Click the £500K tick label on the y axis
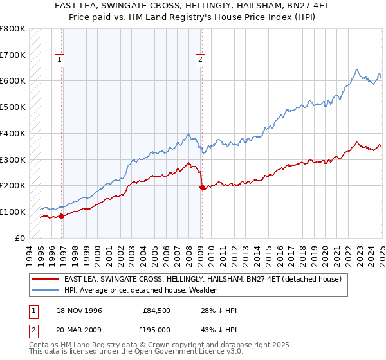pos(13,107)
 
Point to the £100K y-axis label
pos(13,212)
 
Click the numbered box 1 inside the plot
pos(59,60)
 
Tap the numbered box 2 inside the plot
pos(201,60)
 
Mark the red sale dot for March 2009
pos(202,187)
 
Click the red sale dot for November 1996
pos(62,216)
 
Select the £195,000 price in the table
pos(157,329)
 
